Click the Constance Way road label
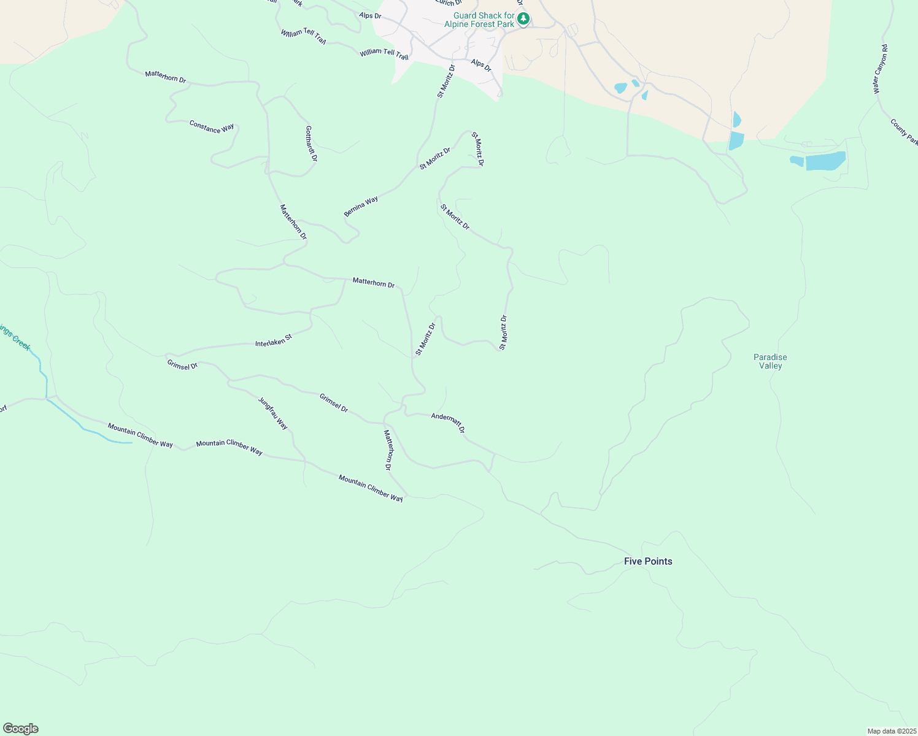(x=212, y=127)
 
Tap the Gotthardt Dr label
(x=311, y=144)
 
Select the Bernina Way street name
(x=361, y=207)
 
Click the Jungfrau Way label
(x=273, y=413)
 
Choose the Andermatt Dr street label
(x=448, y=422)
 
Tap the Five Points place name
(x=648, y=561)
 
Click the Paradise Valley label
(x=770, y=361)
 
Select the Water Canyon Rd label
(x=881, y=69)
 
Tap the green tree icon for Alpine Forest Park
(x=523, y=19)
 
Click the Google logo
(x=21, y=729)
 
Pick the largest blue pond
(x=825, y=161)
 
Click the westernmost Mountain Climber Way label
(x=141, y=435)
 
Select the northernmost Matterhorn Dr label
(x=165, y=77)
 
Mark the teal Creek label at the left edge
(x=15, y=337)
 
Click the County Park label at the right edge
(x=904, y=132)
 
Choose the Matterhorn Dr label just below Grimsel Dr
(x=388, y=450)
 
